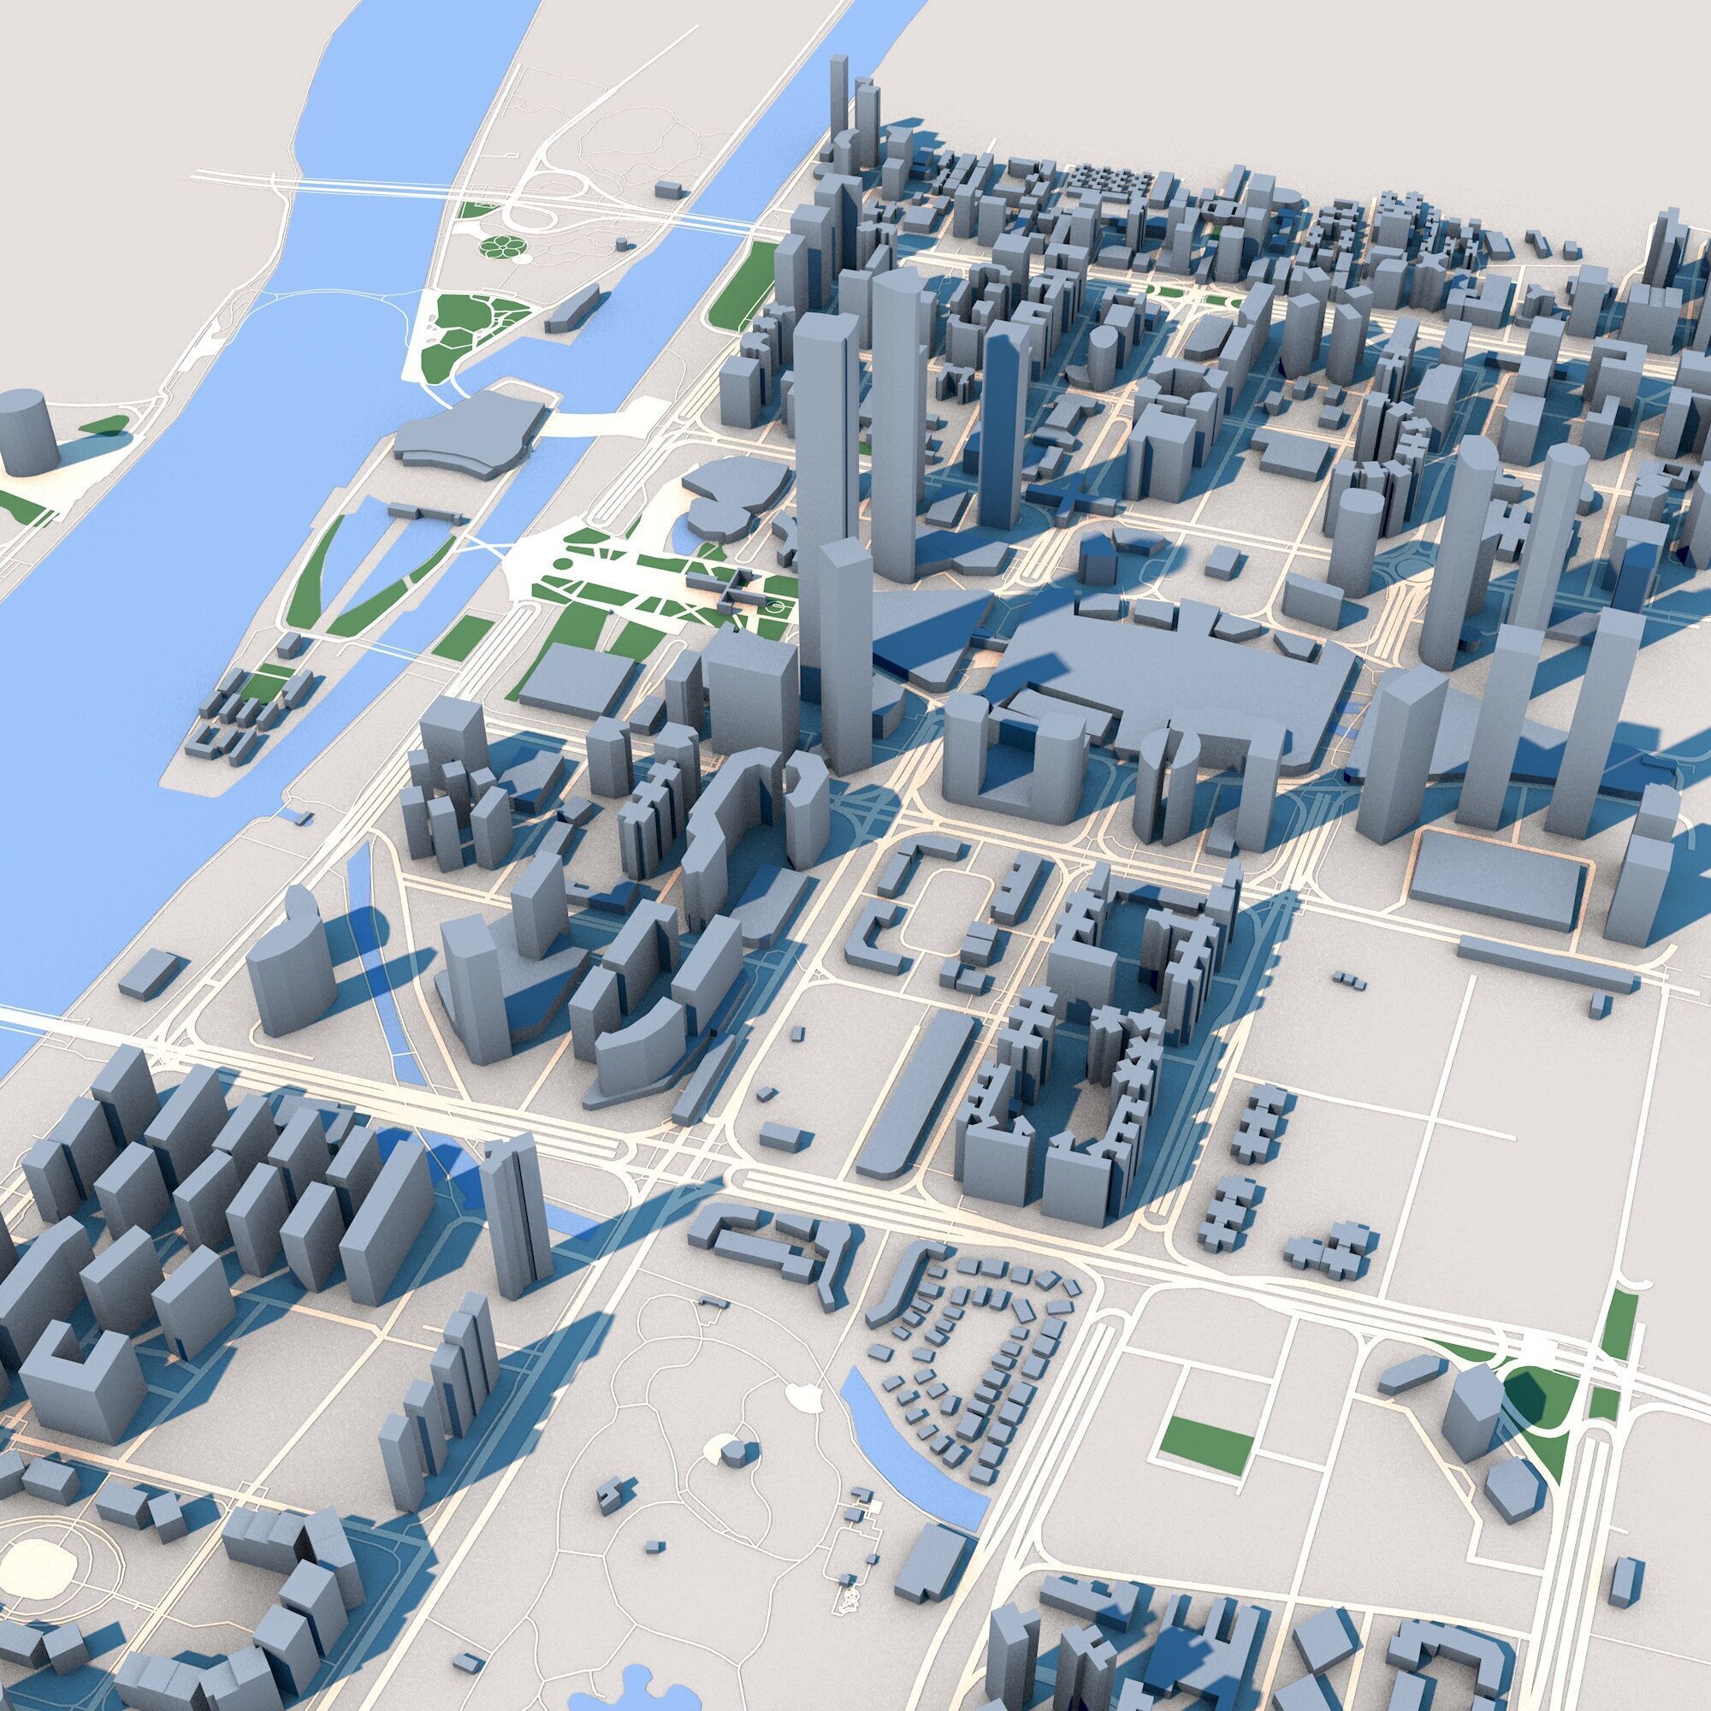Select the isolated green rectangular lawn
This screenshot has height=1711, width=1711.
coord(1208,1450)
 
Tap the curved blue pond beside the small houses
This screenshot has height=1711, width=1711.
coord(912,1453)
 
